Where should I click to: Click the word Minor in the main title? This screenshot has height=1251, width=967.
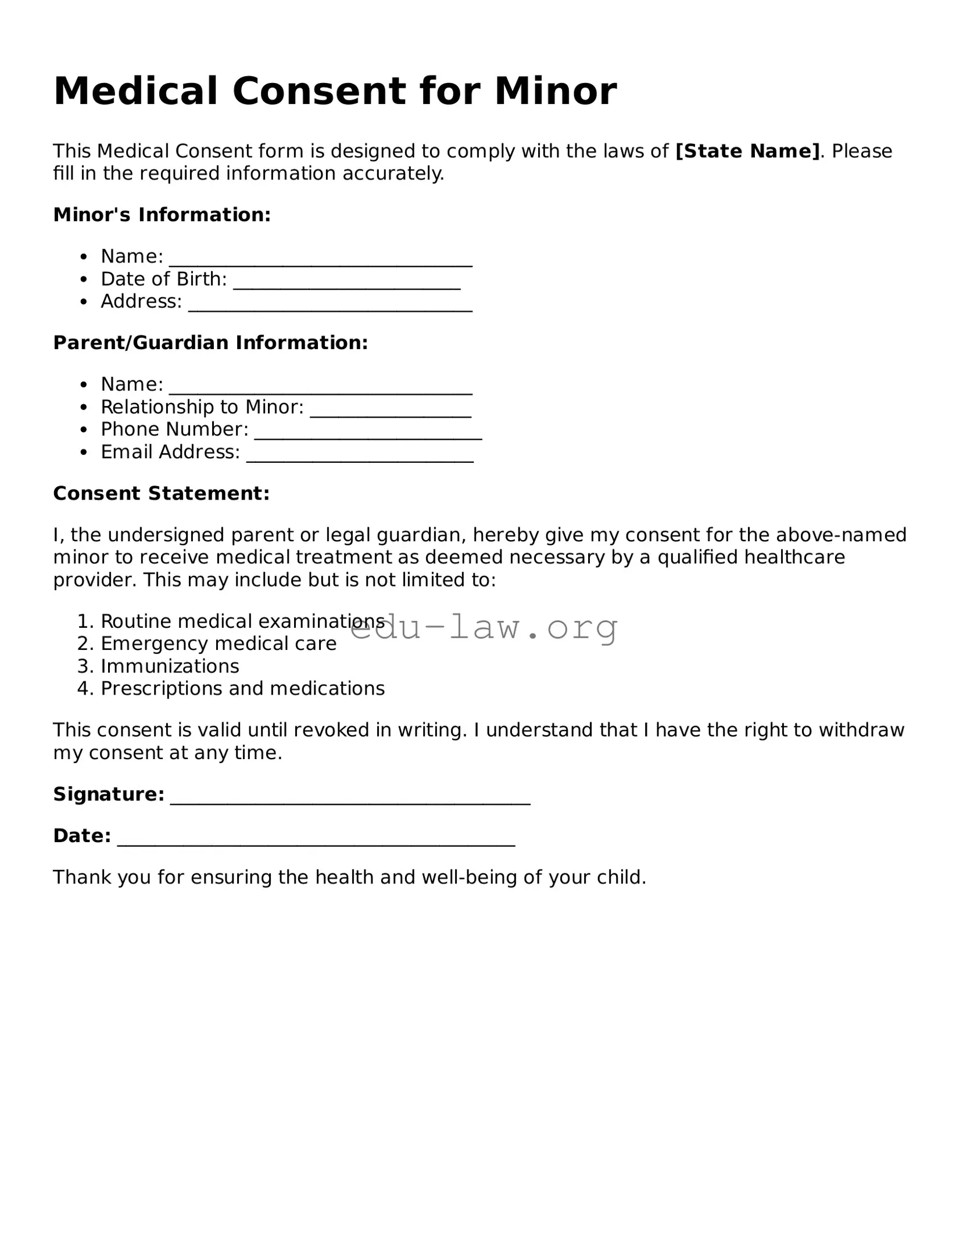pyautogui.click(x=555, y=91)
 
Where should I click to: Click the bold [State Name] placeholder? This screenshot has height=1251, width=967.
pyautogui.click(x=747, y=151)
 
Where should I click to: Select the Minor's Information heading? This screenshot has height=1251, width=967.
pyautogui.click(x=162, y=215)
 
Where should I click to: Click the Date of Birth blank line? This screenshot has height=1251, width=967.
pyautogui.click(x=346, y=286)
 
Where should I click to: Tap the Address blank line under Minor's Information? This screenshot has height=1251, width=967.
pyautogui.click(x=330, y=309)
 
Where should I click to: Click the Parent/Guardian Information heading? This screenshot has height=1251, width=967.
pyautogui.click(x=210, y=343)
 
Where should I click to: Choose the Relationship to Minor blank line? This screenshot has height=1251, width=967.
pyautogui.click(x=391, y=414)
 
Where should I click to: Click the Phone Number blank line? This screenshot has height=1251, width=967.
pyautogui.click(x=368, y=437)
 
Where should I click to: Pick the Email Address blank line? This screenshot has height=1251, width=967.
pyautogui.click(x=360, y=459)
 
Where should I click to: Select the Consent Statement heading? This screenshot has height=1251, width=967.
pyautogui.click(x=162, y=494)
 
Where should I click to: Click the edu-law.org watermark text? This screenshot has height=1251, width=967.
pyautogui.click(x=483, y=628)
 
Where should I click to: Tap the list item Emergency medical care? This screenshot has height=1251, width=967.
pyautogui.click(x=219, y=644)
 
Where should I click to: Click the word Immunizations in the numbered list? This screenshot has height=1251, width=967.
pyautogui.click(x=170, y=666)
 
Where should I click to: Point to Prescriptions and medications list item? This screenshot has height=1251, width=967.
pyautogui.click(x=242, y=689)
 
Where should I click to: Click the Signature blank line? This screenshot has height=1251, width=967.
pyautogui.click(x=350, y=801)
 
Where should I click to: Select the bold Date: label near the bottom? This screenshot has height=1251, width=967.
pyautogui.click(x=82, y=836)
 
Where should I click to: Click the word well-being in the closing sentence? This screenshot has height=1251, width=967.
pyautogui.click(x=470, y=877)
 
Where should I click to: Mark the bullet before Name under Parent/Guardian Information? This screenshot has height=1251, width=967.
pyautogui.click(x=84, y=384)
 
